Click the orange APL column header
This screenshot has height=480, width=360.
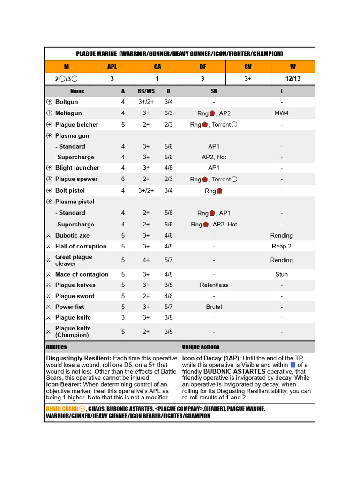[112, 67]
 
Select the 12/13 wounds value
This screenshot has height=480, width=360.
[293, 79]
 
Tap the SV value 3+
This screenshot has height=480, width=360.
[248, 79]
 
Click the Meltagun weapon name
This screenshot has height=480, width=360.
[68, 113]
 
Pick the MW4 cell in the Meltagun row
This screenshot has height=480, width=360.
[281, 113]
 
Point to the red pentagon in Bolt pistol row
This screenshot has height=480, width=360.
[219, 191]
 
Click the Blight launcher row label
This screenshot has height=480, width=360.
[77, 168]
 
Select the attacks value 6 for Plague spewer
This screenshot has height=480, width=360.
[123, 179]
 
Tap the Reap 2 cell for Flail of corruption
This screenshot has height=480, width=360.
[281, 246]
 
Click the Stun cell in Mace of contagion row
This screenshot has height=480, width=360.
[281, 274]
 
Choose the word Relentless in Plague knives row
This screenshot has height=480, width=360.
[214, 285]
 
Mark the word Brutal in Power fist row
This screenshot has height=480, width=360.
[214, 307]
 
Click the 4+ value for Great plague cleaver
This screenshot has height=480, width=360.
[146, 260]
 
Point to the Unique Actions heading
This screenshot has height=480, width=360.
[201, 347]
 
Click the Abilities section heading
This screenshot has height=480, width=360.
[56, 347]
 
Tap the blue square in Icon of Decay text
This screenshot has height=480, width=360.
[293, 365]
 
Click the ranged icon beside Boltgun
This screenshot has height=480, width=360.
[49, 102]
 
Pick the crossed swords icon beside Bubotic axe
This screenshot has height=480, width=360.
[49, 235]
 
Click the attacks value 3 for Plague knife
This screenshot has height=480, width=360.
[123, 317]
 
